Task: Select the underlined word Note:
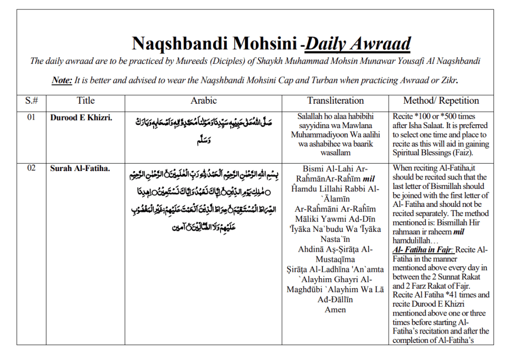tap(62, 80)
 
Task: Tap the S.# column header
tap(31, 100)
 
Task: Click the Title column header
tap(85, 100)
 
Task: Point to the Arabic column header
tap(204, 100)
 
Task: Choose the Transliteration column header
tap(335, 100)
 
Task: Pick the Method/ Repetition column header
tap(441, 100)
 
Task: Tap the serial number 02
tap(31, 168)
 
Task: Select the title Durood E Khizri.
tap(74, 119)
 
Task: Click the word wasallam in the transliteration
tap(335, 153)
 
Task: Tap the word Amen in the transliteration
tap(335, 310)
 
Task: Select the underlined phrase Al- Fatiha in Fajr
tap(423, 250)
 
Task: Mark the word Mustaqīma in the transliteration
tap(335, 259)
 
